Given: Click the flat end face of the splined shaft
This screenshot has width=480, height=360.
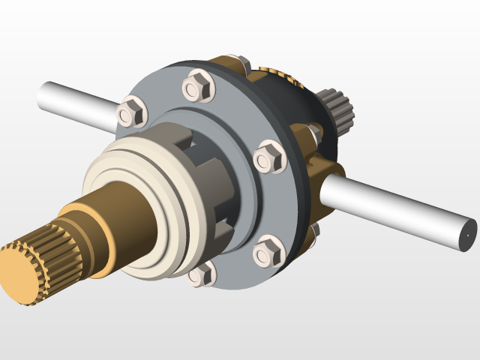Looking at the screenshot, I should point(18,274).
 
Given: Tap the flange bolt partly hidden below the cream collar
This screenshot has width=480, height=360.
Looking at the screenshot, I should point(201,274).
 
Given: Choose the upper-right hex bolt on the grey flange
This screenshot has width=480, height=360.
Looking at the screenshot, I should point(268,157).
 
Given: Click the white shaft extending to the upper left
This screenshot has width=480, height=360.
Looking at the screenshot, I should point(75,100).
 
